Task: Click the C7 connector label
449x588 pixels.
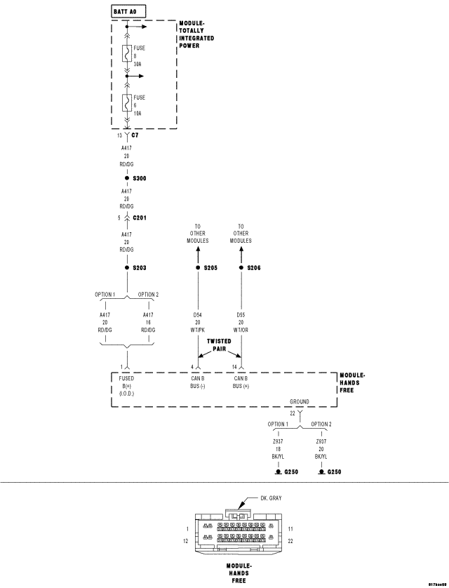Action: click(x=135, y=134)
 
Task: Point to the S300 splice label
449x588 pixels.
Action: click(x=139, y=178)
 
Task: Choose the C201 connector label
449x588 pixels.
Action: click(x=140, y=218)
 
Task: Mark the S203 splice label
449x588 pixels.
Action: click(x=139, y=267)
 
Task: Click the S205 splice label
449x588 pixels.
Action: click(x=211, y=267)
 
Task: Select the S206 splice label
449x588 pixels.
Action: click(x=254, y=267)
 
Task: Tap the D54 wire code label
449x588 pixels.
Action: click(x=198, y=315)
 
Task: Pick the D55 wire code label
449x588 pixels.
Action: click(x=241, y=315)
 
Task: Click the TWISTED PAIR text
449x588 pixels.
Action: click(x=220, y=344)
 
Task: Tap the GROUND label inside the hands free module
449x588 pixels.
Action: click(x=300, y=402)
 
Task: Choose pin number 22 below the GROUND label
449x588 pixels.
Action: click(x=293, y=413)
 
